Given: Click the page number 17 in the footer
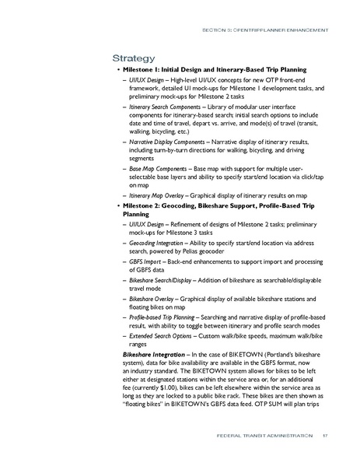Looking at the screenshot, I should click(326, 435).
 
